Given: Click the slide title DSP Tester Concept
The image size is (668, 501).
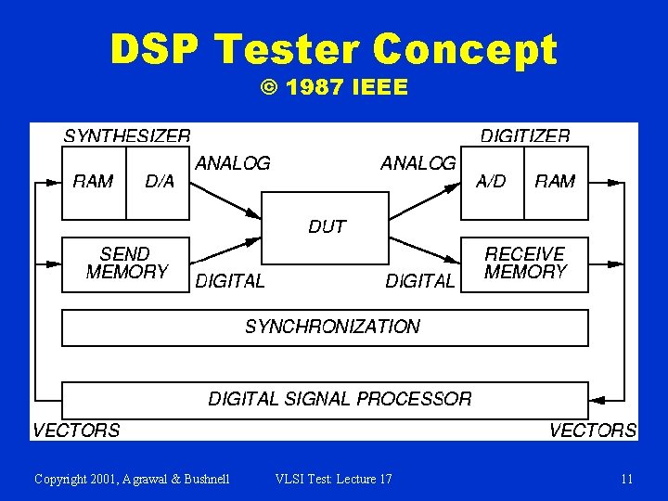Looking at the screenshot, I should pyautogui.click(x=333, y=49).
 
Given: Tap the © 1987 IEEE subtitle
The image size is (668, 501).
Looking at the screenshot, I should pyautogui.click(x=334, y=88).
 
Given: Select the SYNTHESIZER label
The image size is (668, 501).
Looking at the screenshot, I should pyautogui.click(x=127, y=135).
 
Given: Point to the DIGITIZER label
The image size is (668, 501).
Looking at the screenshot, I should pyautogui.click(x=525, y=135).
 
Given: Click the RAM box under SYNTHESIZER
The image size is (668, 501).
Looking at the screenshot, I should pyautogui.click(x=93, y=183).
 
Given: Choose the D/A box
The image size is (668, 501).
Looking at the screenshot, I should pyautogui.click(x=160, y=183).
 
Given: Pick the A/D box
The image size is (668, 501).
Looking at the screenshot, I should pyautogui.click(x=492, y=183).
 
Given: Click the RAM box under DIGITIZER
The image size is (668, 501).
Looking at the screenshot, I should pyautogui.click(x=555, y=183).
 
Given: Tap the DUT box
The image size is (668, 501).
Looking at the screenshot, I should pyautogui.click(x=326, y=227).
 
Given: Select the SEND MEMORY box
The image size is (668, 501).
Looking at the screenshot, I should pyautogui.click(x=126, y=263).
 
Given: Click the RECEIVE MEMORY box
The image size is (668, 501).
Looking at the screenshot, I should pyautogui.click(x=525, y=263).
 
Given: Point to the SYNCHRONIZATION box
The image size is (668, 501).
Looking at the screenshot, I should pyautogui.click(x=325, y=328).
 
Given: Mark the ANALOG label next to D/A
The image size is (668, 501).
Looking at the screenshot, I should pyautogui.click(x=233, y=163).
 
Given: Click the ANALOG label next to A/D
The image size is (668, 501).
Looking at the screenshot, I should pyautogui.click(x=418, y=163).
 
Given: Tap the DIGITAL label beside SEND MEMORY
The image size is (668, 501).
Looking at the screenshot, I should pyautogui.click(x=230, y=280).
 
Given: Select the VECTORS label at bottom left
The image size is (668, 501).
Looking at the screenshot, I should pyautogui.click(x=76, y=430).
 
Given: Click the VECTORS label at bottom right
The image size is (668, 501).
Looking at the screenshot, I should pyautogui.click(x=592, y=430).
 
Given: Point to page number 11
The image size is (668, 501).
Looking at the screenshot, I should pyautogui.click(x=627, y=479).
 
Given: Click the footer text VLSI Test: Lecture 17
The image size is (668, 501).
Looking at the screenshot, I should pyautogui.click(x=334, y=479).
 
